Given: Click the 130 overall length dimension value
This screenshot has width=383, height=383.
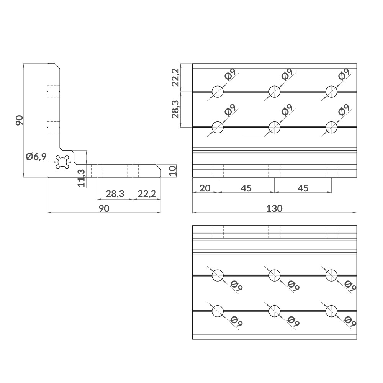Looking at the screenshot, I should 274,208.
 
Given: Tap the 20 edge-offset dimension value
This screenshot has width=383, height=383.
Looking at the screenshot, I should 205,188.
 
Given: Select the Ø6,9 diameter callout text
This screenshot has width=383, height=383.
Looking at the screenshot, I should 36,156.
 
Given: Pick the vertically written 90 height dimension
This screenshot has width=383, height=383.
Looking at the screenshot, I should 20,120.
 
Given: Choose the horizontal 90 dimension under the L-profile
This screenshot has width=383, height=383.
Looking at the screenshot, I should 104,208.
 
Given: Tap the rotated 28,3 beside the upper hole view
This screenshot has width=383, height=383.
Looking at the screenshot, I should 176,110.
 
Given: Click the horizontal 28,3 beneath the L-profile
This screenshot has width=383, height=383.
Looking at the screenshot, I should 115,194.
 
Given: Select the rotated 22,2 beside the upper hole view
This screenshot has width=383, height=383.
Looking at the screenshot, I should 176,78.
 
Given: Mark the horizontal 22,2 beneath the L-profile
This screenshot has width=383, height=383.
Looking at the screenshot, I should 147,194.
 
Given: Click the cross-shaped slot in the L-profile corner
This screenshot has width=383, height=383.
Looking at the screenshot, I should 62,162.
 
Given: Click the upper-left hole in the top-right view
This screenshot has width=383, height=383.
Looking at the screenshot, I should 218,91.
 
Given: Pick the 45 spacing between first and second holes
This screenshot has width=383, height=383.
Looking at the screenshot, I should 246,188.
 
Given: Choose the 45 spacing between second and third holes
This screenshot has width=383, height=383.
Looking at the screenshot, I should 303,188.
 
